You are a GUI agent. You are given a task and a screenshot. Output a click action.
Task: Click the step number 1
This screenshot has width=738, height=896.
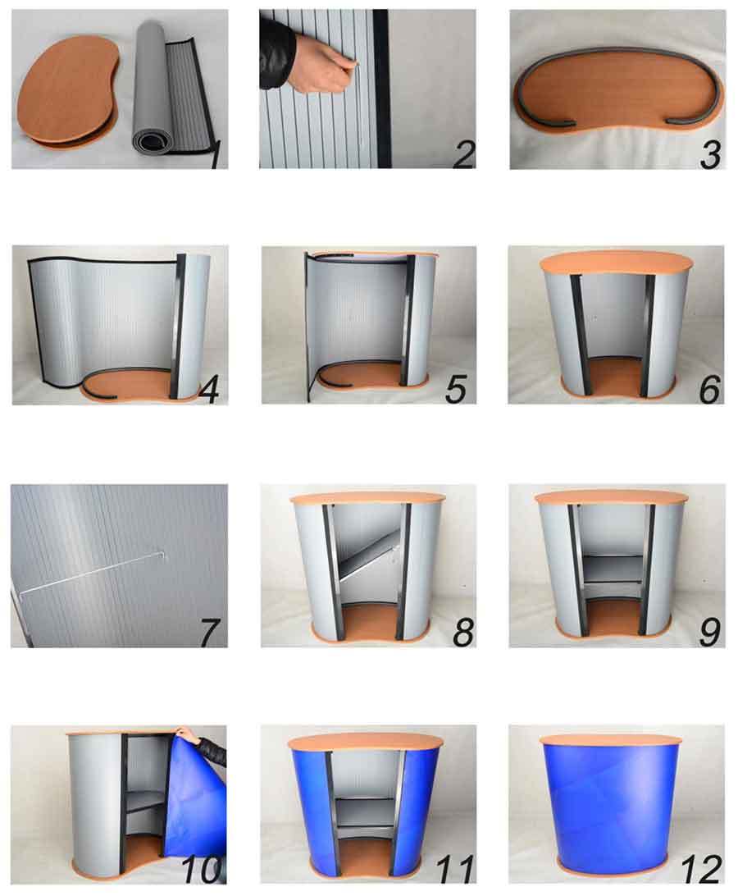point(216,154)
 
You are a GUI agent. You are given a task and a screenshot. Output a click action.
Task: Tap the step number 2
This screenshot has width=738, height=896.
point(464,154)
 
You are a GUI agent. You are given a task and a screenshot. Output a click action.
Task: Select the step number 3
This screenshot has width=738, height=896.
point(710,154)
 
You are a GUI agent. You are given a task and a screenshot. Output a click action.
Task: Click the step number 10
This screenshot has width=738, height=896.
point(201,869)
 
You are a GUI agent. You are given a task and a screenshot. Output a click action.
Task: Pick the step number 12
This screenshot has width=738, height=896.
point(701,869)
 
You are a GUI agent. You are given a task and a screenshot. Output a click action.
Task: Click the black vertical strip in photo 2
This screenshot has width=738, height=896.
point(381,89)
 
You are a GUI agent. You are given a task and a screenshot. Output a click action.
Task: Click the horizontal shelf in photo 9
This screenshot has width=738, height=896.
point(613,569)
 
